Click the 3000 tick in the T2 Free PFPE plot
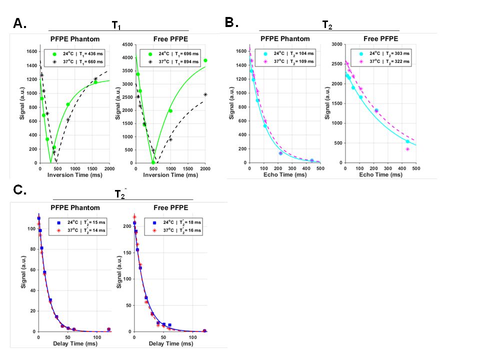point(337,44)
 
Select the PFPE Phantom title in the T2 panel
point(285,39)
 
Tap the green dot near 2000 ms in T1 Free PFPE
point(205,60)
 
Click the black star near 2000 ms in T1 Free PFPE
point(205,94)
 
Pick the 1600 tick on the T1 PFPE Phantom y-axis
point(31,51)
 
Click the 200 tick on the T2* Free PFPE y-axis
point(126,226)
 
